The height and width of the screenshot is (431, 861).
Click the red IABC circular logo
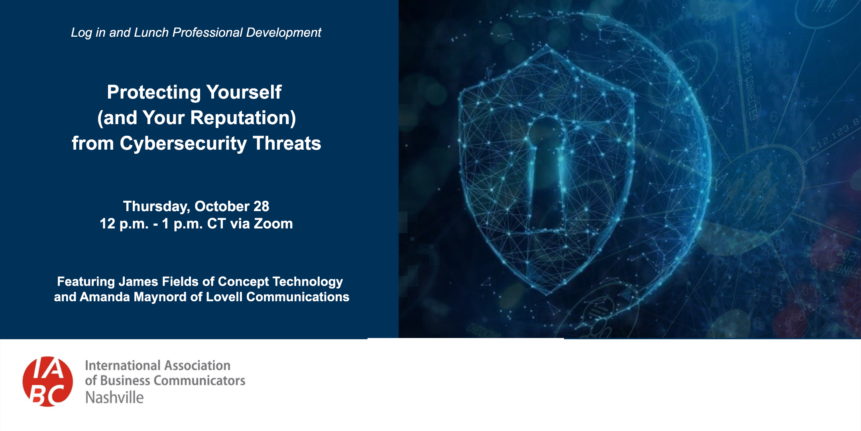coord(48,382)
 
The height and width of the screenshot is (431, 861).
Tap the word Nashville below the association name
coord(114,397)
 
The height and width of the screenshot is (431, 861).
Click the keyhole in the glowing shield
coord(546,174)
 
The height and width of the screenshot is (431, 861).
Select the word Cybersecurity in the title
coord(183,144)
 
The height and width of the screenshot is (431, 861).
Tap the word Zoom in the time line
coord(273,223)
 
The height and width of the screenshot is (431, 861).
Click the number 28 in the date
coord(261,206)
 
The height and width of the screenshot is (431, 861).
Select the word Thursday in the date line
coord(156,207)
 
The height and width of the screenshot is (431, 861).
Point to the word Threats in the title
coord(287,143)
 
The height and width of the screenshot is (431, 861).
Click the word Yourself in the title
coord(244,93)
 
